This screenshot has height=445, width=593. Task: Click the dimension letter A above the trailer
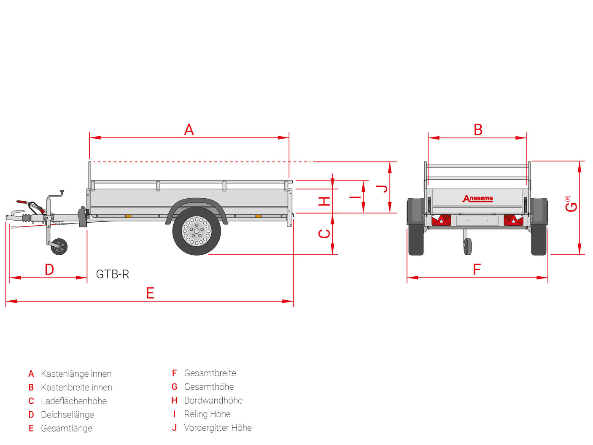189,129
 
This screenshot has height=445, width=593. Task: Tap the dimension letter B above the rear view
478,129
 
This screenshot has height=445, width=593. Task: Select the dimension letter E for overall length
150,293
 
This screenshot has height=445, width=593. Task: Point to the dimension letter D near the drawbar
49,270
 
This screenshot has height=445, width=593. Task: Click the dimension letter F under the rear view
477,270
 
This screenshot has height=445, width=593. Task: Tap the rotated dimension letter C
324,234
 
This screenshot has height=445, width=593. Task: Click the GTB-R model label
112,274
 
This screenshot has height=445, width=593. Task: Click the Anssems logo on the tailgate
477,198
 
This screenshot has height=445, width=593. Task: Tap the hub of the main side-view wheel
197,231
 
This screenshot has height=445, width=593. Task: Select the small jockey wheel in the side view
59,246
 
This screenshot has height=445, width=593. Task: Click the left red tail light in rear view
441,220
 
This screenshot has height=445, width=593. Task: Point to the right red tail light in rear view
513,220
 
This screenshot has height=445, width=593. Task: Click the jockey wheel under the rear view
468,246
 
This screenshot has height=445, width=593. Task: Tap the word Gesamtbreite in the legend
210,373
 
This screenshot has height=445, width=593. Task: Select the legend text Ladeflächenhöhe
74,401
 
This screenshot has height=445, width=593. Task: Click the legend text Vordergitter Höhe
218,428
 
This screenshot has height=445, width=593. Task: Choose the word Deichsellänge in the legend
67,415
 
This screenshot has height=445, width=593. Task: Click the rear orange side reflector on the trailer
258,216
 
